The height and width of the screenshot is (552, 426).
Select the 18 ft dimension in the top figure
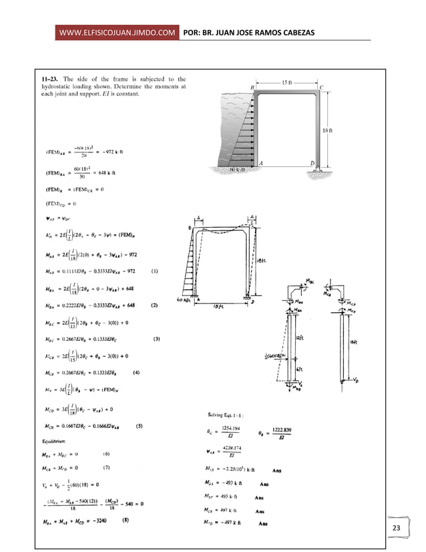[327, 130]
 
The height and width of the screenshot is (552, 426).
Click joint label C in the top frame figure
[322, 88]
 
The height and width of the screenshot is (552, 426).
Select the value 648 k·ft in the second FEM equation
[114, 171]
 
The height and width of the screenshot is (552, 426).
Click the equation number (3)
[156, 339]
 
